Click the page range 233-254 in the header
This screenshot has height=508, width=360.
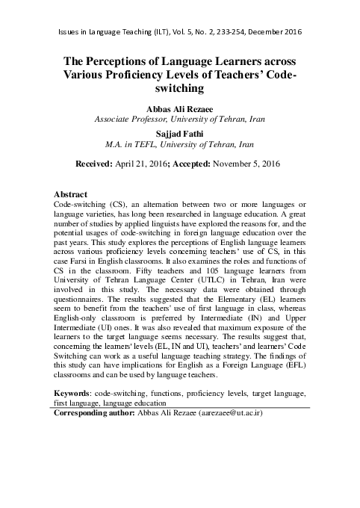tap(233, 32)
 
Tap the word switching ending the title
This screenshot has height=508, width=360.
tap(179, 89)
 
